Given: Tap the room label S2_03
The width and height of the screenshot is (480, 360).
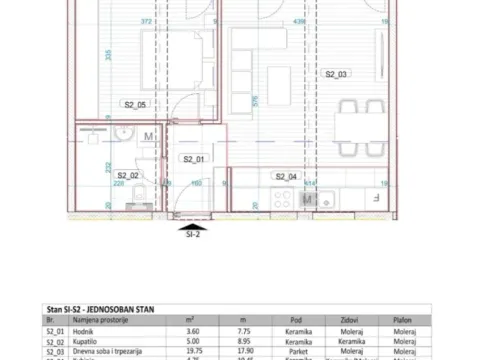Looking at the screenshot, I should (x=334, y=75).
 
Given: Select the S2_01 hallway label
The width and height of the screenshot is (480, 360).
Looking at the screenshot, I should (x=193, y=159).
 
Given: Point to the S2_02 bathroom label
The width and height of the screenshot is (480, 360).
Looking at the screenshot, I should (x=129, y=175).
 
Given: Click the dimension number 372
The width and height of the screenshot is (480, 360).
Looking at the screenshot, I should (x=147, y=19).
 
